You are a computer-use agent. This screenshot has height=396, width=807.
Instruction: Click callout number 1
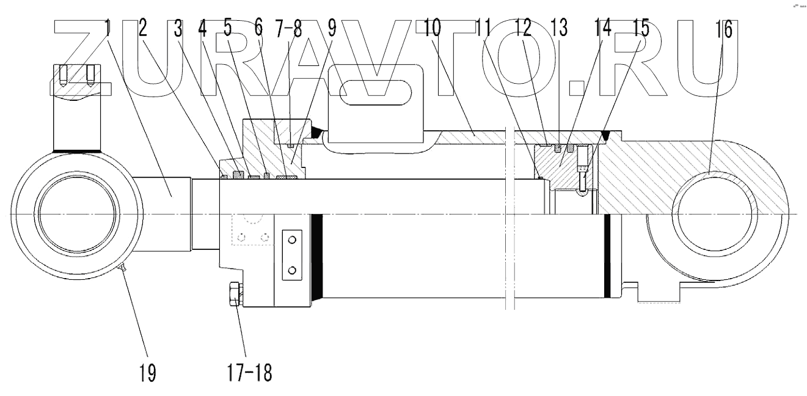tap(108, 29)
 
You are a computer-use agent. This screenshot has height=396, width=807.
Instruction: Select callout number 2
tap(145, 29)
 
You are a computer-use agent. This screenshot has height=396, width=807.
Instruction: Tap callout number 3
tap(178, 29)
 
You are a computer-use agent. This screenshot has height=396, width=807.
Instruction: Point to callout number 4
tap(203, 29)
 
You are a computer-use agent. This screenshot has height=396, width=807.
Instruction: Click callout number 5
tap(228, 29)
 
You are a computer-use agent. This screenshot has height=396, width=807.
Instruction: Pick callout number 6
tap(258, 29)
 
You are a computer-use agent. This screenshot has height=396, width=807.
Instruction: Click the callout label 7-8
tap(288, 29)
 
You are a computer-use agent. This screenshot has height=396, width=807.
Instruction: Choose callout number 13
tap(558, 29)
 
